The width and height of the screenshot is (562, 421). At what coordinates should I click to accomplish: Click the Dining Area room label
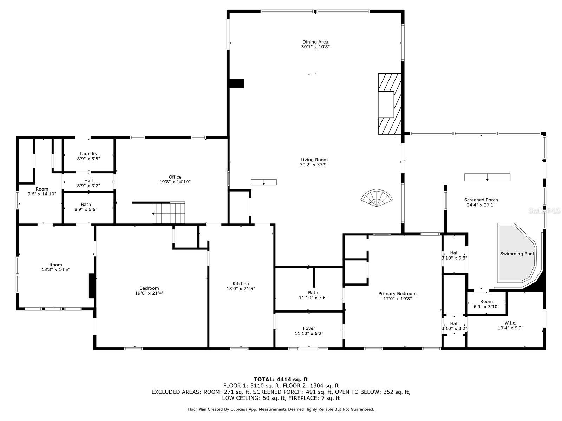pyautogui.click(x=315, y=42)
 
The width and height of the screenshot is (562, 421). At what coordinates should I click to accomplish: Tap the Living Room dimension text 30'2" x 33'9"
pyautogui.click(x=314, y=165)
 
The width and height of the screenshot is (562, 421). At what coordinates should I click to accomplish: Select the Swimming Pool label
pyautogui.click(x=517, y=254)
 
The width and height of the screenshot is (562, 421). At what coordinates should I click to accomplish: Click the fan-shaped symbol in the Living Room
pyautogui.click(x=377, y=198)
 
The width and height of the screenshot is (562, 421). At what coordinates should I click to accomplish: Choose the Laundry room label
pyautogui.click(x=89, y=154)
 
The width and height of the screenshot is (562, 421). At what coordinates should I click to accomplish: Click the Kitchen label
pyautogui.click(x=241, y=283)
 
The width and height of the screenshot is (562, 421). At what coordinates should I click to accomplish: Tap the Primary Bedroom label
pyautogui.click(x=397, y=293)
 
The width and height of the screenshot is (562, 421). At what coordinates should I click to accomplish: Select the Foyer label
pyautogui.click(x=309, y=328)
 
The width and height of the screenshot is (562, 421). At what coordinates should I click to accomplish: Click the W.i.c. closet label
pyautogui.click(x=510, y=323)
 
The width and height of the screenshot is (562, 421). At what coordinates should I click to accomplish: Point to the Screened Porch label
pyautogui.click(x=481, y=200)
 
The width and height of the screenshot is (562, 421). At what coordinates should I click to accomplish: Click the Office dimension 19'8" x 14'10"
pyautogui.click(x=175, y=182)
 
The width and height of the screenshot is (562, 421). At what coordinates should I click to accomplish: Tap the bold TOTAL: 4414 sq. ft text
pyautogui.click(x=281, y=379)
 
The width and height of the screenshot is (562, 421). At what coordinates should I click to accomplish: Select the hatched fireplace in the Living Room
pyautogui.click(x=390, y=104)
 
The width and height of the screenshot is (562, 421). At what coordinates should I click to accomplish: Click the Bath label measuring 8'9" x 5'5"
pyautogui.click(x=86, y=204)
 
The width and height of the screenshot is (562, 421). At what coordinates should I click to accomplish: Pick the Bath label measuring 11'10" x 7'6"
pyautogui.click(x=313, y=293)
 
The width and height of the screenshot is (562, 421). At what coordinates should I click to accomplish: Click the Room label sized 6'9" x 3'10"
pyautogui.click(x=486, y=301)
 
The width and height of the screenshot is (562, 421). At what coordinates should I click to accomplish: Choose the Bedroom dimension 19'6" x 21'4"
pyautogui.click(x=149, y=293)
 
